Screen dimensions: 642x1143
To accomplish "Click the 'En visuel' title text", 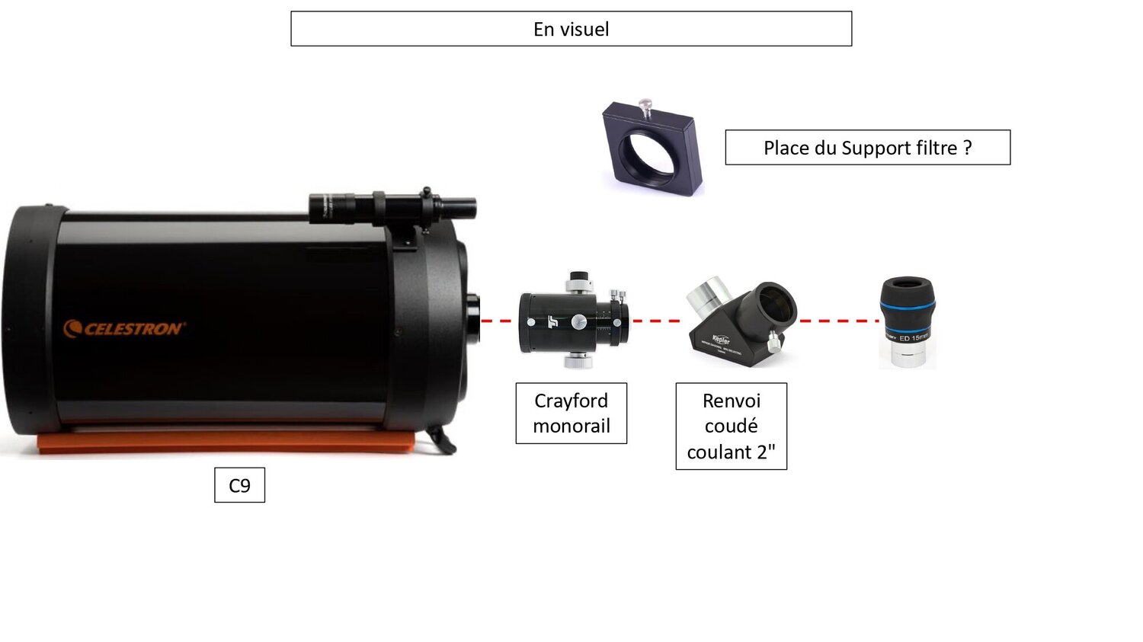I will click(x=571, y=30).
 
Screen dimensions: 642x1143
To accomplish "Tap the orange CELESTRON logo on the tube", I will click(x=124, y=329).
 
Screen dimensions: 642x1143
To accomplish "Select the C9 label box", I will click(x=239, y=485).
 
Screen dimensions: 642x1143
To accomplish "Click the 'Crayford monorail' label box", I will click(x=571, y=414).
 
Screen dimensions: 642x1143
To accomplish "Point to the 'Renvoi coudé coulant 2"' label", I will click(x=731, y=426).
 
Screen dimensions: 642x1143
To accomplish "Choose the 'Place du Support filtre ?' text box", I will click(x=867, y=148).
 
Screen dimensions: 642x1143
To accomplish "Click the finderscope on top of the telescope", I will click(x=392, y=206).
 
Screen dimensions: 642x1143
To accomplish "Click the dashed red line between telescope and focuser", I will click(x=497, y=321).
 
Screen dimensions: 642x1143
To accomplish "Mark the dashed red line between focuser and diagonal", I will click(x=655, y=321).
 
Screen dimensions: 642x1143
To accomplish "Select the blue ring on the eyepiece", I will click(x=907, y=309).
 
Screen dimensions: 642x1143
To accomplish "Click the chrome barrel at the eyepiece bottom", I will click(x=907, y=356).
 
